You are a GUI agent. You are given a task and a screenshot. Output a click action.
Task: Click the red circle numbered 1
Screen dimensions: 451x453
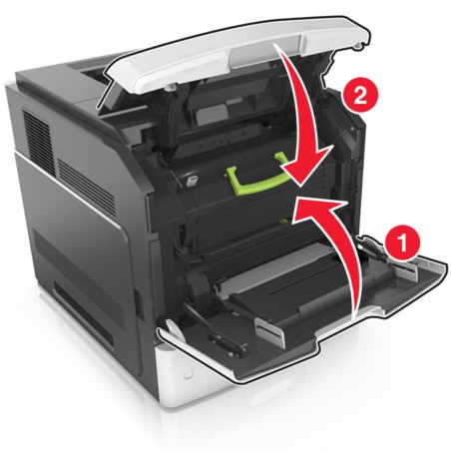point(403,242)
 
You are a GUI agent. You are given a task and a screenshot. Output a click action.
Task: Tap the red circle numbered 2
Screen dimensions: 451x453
point(360,98)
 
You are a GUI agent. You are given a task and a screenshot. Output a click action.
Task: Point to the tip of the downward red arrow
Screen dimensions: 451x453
point(301,185)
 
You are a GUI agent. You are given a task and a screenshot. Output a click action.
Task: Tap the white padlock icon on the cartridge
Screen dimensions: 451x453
point(191,181)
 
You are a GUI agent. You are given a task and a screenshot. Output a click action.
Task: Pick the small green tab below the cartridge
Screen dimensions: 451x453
point(283,220)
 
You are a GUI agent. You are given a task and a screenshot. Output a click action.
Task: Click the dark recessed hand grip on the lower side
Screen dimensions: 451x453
point(84,313)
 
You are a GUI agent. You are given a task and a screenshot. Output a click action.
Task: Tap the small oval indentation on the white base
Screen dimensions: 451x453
point(189,374)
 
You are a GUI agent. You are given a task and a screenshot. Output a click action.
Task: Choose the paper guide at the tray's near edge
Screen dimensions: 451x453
point(270,331)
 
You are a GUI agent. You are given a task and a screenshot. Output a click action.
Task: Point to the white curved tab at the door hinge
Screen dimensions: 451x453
point(176,330)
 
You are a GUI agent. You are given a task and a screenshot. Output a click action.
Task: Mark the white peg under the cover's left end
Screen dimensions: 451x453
point(172,87)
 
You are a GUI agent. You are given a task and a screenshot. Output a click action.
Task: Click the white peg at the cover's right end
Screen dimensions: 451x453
point(358,46)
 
